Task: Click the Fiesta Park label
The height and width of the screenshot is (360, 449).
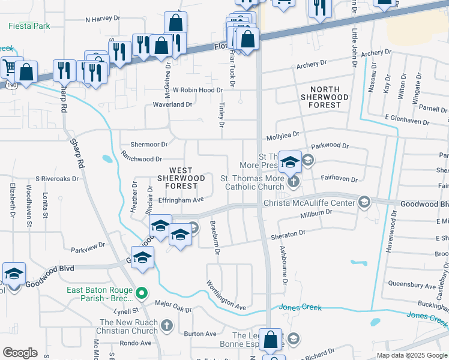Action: [29, 26]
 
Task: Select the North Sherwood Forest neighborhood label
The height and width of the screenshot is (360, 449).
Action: [321, 97]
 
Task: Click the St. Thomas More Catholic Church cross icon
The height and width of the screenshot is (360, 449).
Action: [294, 180]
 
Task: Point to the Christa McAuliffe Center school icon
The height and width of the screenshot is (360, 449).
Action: [364, 203]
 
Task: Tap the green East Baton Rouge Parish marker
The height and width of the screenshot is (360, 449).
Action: [142, 293]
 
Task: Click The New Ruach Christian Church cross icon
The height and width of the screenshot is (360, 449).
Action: [167, 326]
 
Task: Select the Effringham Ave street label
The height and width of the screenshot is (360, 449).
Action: [181, 200]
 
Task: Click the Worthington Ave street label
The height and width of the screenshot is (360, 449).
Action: [226, 295]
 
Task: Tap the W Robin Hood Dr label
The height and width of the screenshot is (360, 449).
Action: [198, 90]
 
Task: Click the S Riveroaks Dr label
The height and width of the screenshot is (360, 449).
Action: [58, 178]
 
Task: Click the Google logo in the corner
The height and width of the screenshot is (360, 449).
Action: [20, 353]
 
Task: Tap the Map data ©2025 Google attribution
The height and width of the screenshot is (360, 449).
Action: [412, 355]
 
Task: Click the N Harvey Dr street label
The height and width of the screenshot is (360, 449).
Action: [103, 19]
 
